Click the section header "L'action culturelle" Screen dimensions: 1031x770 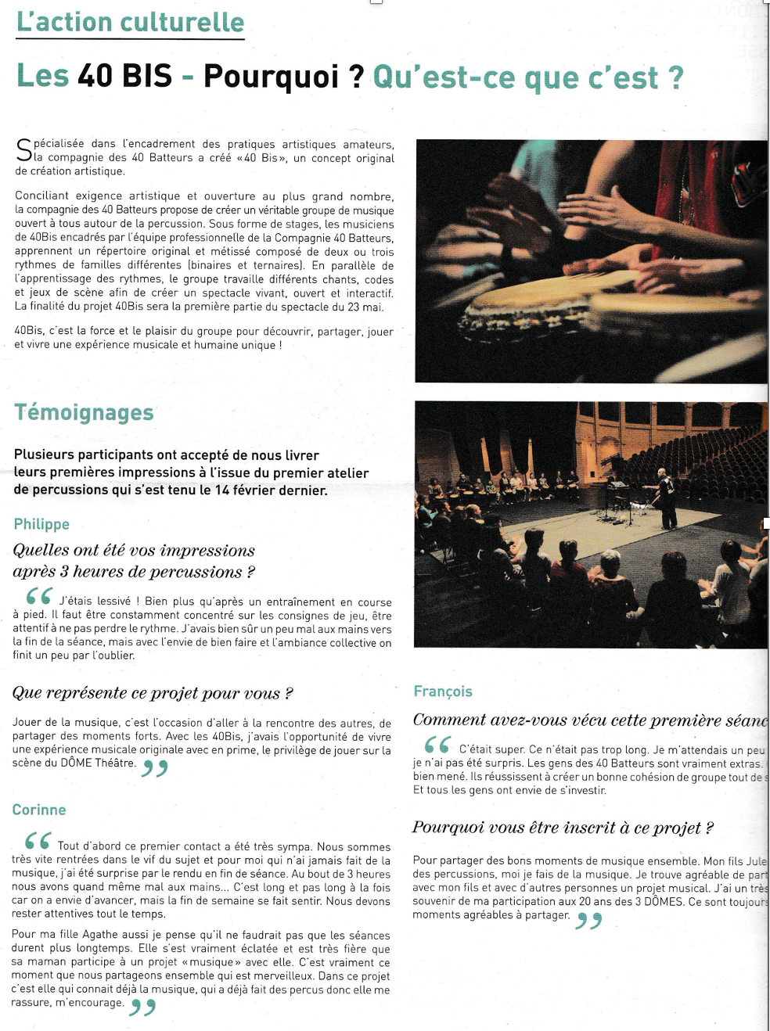pyautogui.click(x=130, y=22)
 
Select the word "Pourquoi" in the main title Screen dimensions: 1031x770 pyautogui.click(x=271, y=77)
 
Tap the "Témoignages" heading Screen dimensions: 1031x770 pyautogui.click(x=84, y=412)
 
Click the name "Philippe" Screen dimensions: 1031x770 pyautogui.click(x=41, y=524)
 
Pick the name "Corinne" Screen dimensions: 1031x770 pyautogui.click(x=39, y=810)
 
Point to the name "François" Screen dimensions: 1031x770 pyautogui.click(x=443, y=692)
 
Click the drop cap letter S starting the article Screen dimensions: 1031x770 pyautogui.click(x=23, y=150)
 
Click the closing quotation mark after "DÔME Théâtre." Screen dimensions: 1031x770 pyautogui.click(x=155, y=769)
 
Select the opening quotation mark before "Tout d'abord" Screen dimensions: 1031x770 pyautogui.click(x=38, y=841)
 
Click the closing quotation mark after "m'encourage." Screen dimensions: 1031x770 pyautogui.click(x=142, y=1008)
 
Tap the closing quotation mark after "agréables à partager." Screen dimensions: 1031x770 pyautogui.click(x=588, y=921)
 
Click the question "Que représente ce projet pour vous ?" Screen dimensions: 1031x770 pyautogui.click(x=153, y=693)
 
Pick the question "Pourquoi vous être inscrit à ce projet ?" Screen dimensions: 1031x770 pyautogui.click(x=563, y=828)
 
